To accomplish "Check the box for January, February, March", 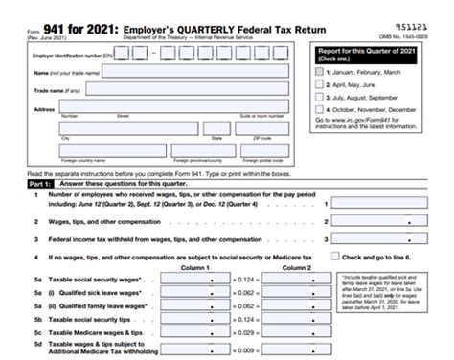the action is pos(319,72).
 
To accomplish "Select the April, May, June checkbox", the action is pos(319,85).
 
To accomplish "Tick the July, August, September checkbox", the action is pos(319,99).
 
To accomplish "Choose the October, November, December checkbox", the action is pos(319,112).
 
